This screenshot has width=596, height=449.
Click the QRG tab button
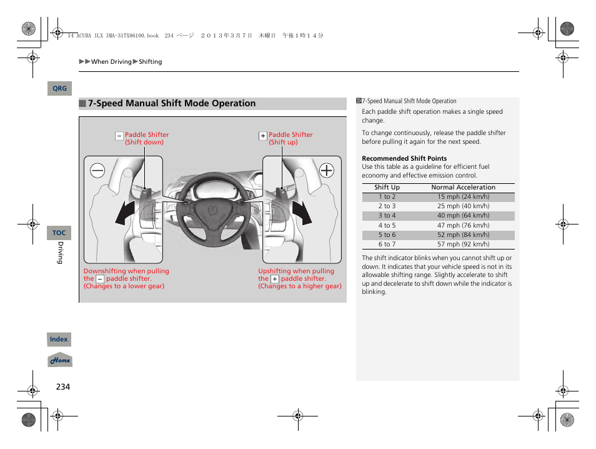pos(59,89)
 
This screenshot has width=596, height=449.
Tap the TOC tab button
pos(59,233)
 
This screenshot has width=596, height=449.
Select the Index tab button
pos(59,340)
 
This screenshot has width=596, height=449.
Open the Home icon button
pos(61,360)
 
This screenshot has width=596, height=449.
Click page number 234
pos(63,386)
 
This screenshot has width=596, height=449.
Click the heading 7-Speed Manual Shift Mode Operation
pos(172,104)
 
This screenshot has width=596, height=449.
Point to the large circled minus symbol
pos(97,170)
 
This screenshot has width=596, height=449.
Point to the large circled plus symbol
pos(326,170)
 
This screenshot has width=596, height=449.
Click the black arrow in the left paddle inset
pos(126,213)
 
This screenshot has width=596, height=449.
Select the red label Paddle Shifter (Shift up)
pos(290,138)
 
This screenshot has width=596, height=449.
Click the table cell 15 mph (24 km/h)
pos(463,197)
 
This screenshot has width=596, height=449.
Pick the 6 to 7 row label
pos(387,245)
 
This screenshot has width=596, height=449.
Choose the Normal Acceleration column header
pos(463,188)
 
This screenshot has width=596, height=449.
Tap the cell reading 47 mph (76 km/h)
pos(463,226)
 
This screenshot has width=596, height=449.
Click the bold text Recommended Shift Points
pos(404,159)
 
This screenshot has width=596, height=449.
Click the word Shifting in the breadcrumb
pos(150,62)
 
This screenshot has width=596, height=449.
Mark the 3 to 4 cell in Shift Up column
pos(387,216)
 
